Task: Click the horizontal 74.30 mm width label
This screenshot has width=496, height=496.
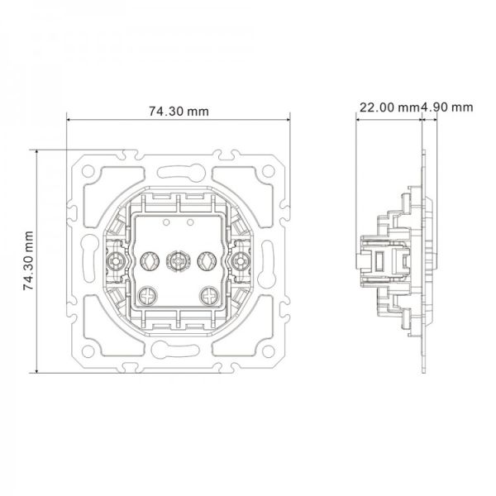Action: point(179,112)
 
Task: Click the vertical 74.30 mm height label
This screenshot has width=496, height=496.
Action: point(28,260)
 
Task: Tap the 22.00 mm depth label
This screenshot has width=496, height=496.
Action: point(389,107)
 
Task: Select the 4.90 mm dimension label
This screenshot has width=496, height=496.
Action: point(446,107)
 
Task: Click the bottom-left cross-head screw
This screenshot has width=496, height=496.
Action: point(147,296)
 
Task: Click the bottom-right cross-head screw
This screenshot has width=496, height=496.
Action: point(209,296)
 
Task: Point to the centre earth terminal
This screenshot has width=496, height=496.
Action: point(178,261)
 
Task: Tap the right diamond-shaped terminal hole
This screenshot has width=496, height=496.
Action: point(207,261)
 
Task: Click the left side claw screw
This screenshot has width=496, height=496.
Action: point(115,261)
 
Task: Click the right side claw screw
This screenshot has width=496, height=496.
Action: point(241,261)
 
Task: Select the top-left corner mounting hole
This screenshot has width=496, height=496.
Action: point(88,171)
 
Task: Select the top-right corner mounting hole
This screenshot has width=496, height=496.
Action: point(268,171)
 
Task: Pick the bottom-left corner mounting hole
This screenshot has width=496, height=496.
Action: point(88,351)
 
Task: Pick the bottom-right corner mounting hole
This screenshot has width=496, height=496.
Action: point(268,351)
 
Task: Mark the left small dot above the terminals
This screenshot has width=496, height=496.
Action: point(166,222)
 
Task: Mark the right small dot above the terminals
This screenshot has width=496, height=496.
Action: point(190,222)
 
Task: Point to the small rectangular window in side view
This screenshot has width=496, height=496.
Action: point(379,261)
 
